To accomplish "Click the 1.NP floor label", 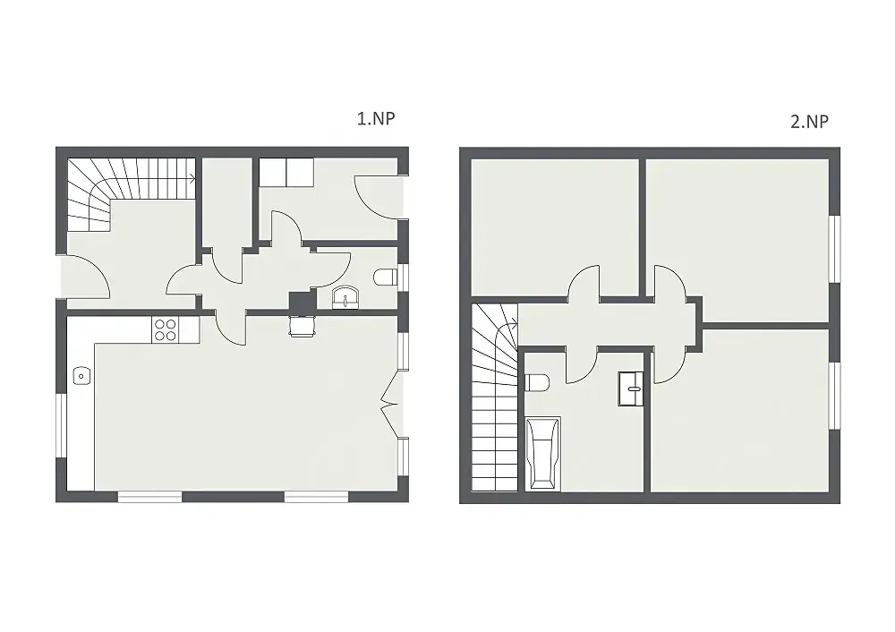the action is pyautogui.click(x=376, y=118).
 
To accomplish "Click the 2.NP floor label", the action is pyautogui.click(x=809, y=121).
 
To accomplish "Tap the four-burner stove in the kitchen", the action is pyautogui.click(x=165, y=330).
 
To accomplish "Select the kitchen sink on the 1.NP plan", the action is pyautogui.click(x=81, y=376).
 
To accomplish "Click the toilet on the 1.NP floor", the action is pyautogui.click(x=385, y=278).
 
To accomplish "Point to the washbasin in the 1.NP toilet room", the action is pyautogui.click(x=345, y=297).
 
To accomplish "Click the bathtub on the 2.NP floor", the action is pyautogui.click(x=542, y=454).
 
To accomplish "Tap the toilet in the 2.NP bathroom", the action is pyautogui.click(x=536, y=382).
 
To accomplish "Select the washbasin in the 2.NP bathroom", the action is pyautogui.click(x=631, y=389).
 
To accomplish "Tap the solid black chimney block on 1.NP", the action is pyautogui.click(x=303, y=301).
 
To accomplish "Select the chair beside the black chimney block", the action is pyautogui.click(x=303, y=326).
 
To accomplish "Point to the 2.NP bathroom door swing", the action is pyautogui.click(x=582, y=365).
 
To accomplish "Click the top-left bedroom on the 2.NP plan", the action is pyautogui.click(x=554, y=227).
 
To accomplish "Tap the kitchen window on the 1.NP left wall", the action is pyautogui.click(x=61, y=425).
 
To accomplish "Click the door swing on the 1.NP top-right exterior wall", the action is pyautogui.click(x=377, y=197).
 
